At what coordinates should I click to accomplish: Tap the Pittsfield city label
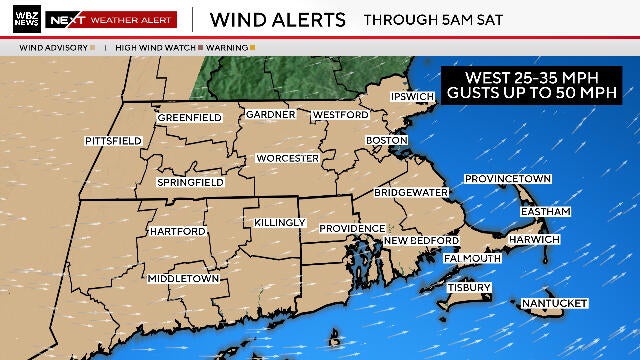[x=113, y=141]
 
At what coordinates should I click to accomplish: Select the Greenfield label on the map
[x=189, y=118]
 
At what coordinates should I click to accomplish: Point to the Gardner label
[x=270, y=114]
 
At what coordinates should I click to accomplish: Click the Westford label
[x=334, y=114]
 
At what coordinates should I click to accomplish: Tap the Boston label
[x=387, y=140]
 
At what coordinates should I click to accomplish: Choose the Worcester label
[x=287, y=158]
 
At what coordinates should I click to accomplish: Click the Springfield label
[x=189, y=183]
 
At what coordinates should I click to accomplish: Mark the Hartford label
[x=177, y=231]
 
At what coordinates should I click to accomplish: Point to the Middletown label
[x=183, y=278]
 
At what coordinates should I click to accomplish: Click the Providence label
[x=351, y=229]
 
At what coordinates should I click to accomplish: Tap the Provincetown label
[x=508, y=179]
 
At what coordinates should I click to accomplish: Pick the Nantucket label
[x=553, y=303]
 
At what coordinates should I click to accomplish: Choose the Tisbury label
[x=469, y=288]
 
